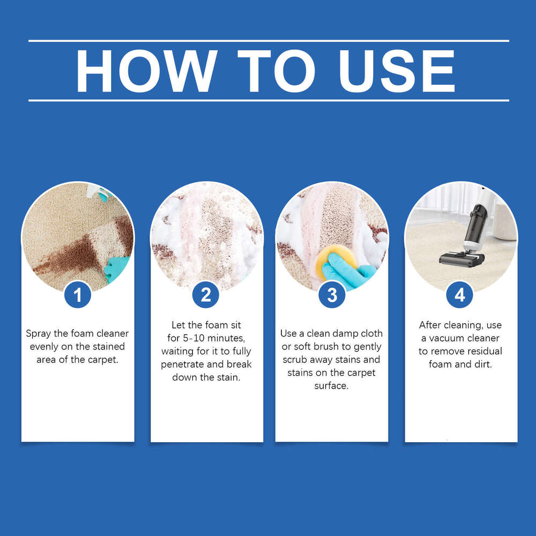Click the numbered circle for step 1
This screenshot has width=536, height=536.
tap(78, 295)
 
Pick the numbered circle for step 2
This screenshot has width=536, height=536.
tap(206, 295)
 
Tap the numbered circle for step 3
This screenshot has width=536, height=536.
tap(332, 295)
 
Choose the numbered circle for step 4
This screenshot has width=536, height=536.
tap(459, 295)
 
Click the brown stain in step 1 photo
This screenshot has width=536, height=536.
tap(70, 256)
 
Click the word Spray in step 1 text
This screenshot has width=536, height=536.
tap(39, 333)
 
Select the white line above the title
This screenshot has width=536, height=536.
tap(268, 41)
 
